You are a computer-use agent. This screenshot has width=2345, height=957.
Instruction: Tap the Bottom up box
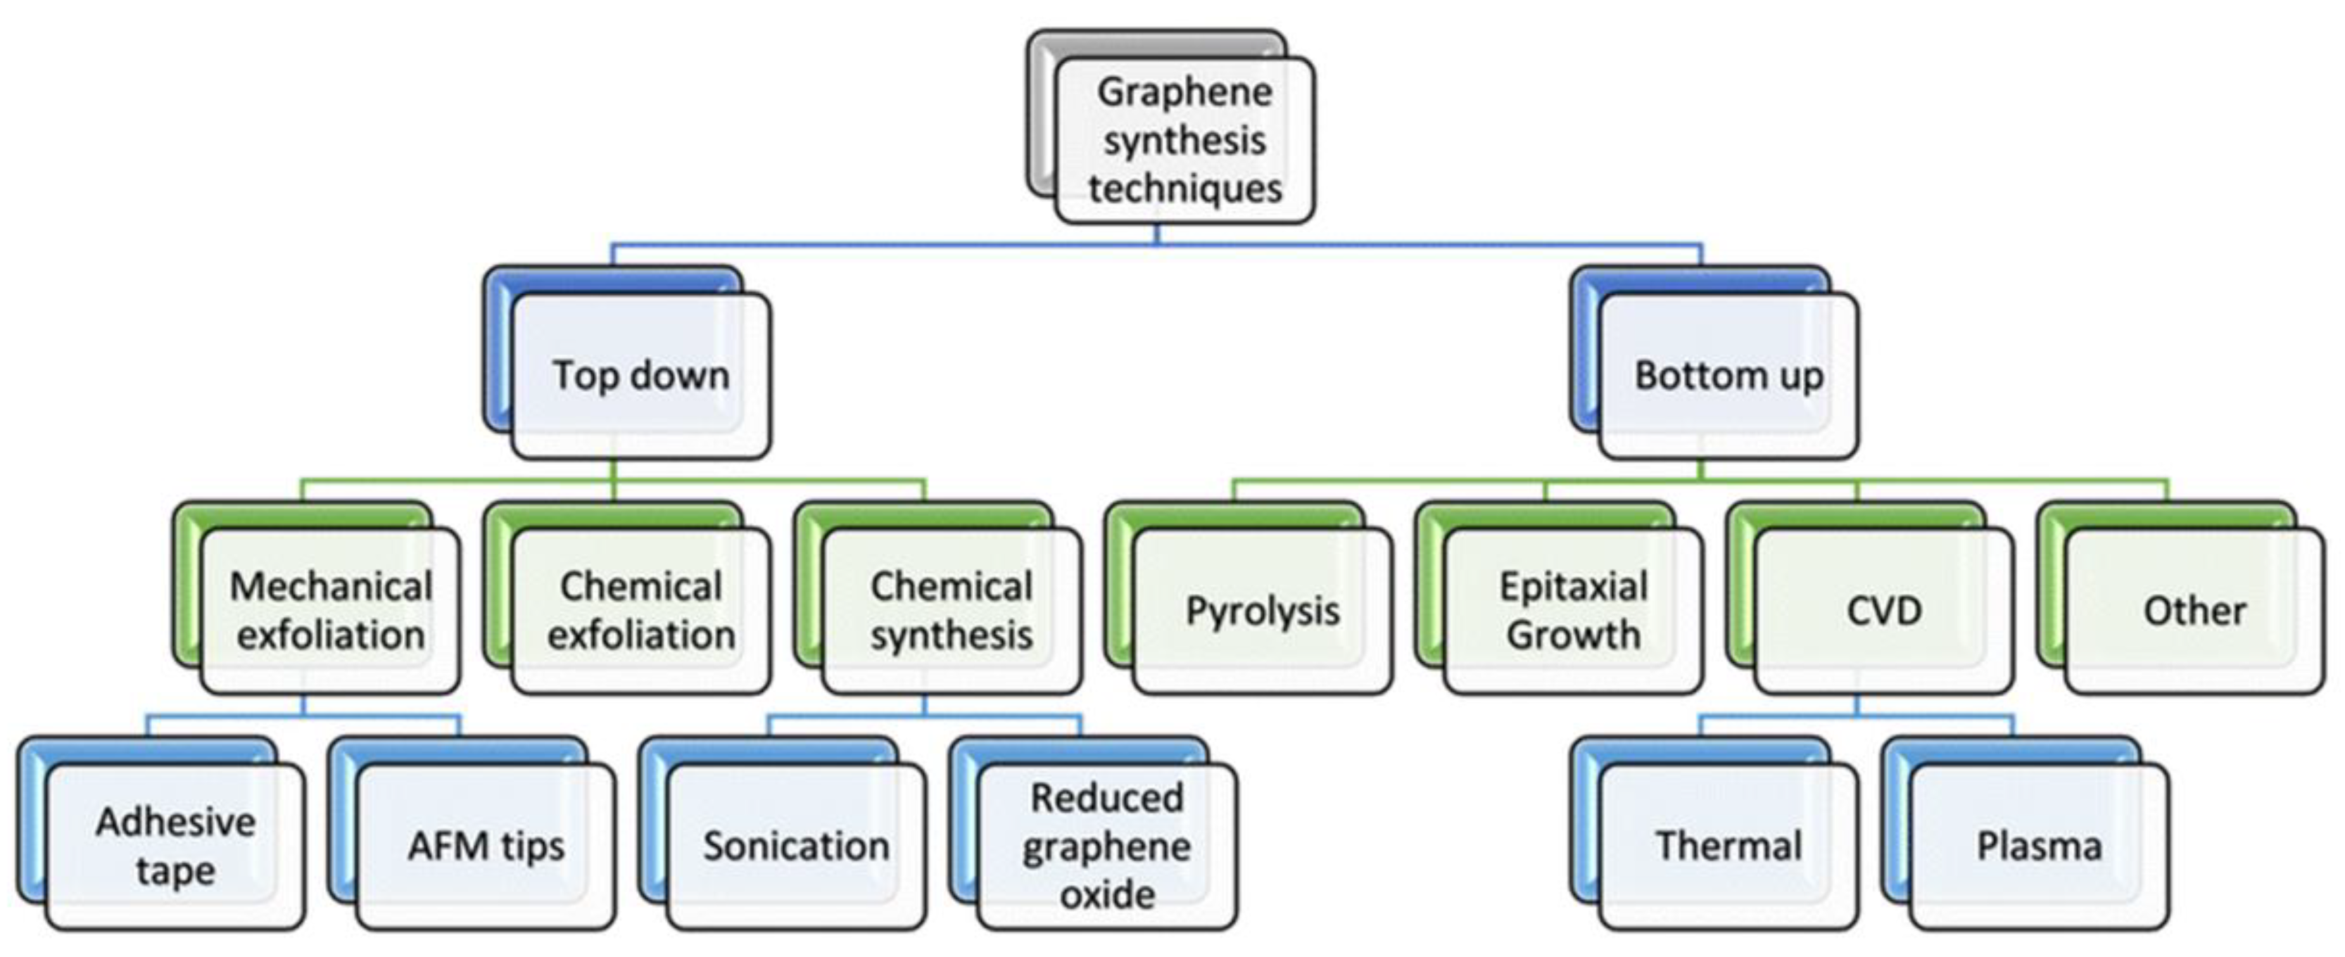point(1728,375)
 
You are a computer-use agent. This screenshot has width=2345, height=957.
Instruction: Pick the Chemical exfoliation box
point(641,610)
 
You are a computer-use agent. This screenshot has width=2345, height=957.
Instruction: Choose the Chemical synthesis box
point(952,610)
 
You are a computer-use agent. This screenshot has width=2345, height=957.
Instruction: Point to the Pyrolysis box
point(1262,610)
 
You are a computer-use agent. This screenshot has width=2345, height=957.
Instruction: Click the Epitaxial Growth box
point(1573,610)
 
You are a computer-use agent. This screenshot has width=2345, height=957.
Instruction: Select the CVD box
point(1883,610)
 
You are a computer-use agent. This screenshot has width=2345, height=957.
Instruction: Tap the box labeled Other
point(2194,610)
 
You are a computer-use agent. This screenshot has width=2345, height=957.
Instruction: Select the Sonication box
point(795,846)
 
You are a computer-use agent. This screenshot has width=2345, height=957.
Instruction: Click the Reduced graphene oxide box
point(1107,846)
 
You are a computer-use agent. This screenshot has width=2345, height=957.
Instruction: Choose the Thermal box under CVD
point(1728,846)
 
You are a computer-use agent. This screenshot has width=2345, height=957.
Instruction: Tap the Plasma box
point(2039,846)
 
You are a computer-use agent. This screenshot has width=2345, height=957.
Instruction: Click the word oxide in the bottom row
point(1107,895)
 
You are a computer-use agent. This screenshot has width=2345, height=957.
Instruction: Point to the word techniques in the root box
point(1184,189)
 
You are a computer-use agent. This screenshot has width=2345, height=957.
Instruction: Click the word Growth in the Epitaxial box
point(1573,635)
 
